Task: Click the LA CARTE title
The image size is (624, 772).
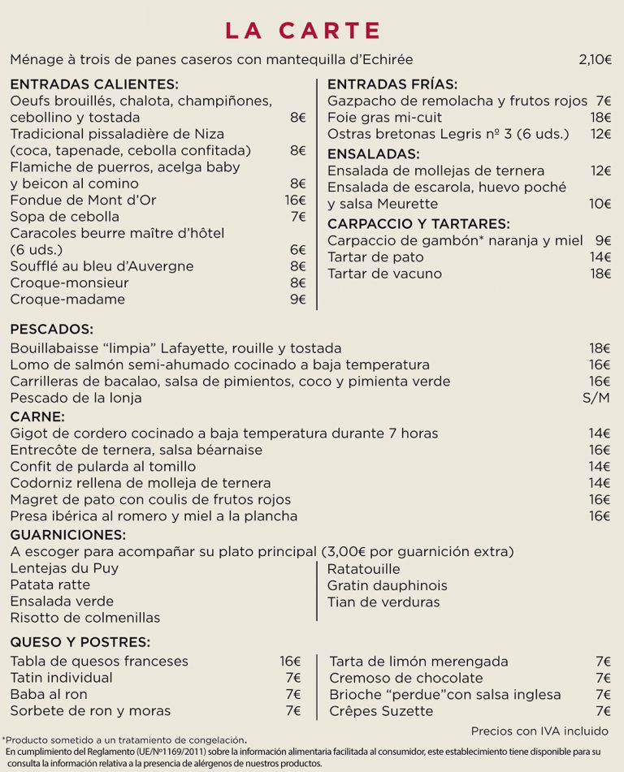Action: (x=303, y=31)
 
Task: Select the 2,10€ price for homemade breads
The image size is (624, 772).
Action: (x=596, y=59)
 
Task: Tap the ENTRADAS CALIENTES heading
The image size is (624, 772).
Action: (x=93, y=84)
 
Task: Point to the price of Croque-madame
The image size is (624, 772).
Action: (x=297, y=300)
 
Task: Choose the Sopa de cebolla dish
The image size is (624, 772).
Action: (x=65, y=217)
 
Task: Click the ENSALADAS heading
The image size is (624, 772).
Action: (x=373, y=153)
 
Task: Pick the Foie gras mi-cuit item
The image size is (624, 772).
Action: (x=386, y=118)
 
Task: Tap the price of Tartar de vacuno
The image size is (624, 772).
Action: (x=600, y=274)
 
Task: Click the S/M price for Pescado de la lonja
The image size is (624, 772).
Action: (x=596, y=398)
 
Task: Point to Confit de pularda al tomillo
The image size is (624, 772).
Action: (x=103, y=467)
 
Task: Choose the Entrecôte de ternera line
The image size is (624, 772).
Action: (x=136, y=450)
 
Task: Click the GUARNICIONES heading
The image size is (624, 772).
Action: (x=68, y=534)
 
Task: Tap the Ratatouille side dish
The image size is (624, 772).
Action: (x=363, y=569)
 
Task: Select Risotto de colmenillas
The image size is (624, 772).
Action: (x=85, y=619)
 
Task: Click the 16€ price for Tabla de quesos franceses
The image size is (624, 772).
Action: (x=290, y=662)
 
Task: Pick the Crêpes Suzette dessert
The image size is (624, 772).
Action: (x=381, y=712)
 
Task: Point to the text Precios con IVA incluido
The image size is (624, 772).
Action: (x=539, y=731)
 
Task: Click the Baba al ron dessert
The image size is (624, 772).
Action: (x=49, y=695)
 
